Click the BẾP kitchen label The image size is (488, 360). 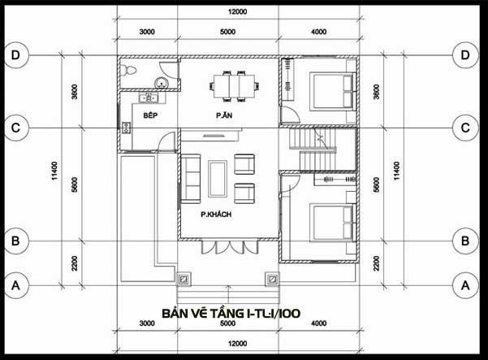click(150, 115)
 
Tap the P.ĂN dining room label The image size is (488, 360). click(224, 115)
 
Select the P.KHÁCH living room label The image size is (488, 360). click(216, 215)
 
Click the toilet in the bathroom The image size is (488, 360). click(128, 70)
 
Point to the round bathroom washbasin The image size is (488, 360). click(162, 83)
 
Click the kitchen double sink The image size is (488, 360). click(149, 98)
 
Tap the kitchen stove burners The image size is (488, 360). click(126, 128)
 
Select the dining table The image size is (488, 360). click(235, 86)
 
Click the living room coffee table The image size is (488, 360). click(218, 179)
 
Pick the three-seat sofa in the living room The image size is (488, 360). click(191, 179)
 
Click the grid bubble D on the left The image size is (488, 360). click(15, 55)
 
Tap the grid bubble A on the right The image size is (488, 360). click(465, 285)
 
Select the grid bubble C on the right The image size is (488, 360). click(465, 128)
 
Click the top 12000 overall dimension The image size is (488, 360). click(237, 12)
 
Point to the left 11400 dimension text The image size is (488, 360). click(54, 171)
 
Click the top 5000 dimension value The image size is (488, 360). click(227, 32)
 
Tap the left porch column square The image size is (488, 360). click(184, 279)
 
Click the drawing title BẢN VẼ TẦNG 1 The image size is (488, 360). click(231, 314)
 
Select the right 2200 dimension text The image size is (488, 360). click(377, 263)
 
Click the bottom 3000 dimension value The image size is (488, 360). click(147, 323)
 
